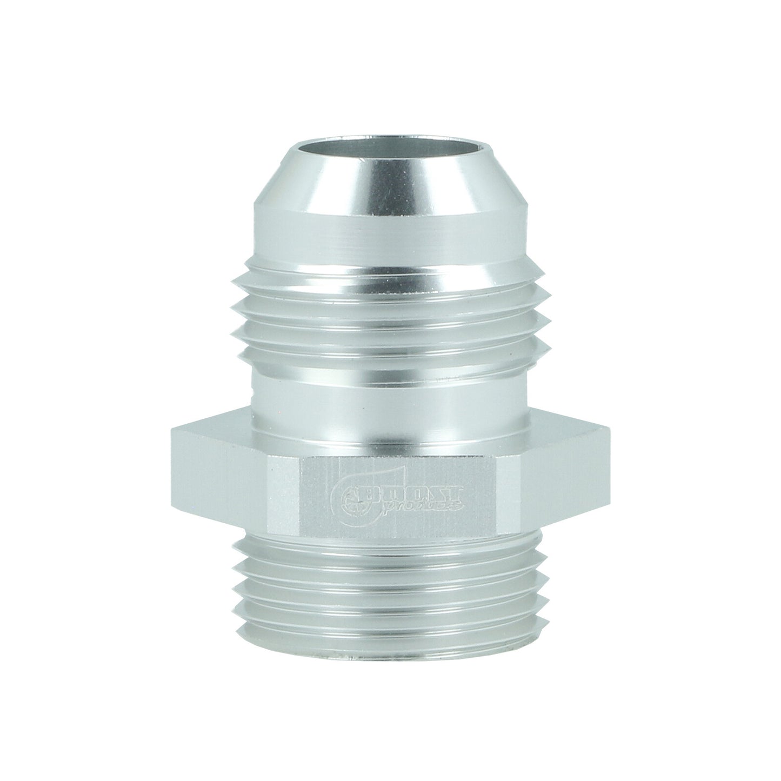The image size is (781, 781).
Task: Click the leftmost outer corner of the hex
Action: pyautogui.click(x=172, y=486)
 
